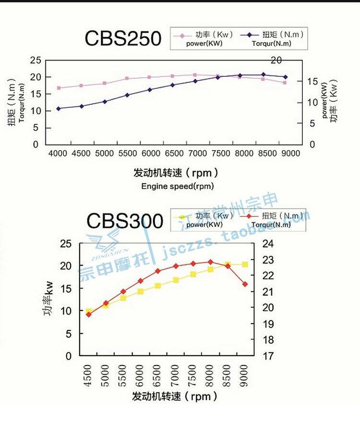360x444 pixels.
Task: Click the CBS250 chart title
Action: pos(123,38)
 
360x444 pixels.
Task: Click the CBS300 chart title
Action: pos(125,221)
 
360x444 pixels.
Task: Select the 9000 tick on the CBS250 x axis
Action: pos(290,153)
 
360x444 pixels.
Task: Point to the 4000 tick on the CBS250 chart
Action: pos(58,153)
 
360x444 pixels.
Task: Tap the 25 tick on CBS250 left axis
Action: pos(35,60)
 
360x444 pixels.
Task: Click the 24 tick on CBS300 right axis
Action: pos(268,243)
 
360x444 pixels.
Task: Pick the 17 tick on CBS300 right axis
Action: pos(268,356)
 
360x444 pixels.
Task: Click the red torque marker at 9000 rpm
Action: pos(245,284)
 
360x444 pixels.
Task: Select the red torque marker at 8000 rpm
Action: pos(210,262)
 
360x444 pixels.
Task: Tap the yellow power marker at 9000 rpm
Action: pos(245,264)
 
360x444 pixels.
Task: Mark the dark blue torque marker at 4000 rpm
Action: pos(59,108)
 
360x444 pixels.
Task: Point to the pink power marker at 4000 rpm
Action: pos(59,88)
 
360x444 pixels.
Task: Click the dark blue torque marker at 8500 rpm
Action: pos(263,74)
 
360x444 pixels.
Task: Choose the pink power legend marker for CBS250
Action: pos(182,35)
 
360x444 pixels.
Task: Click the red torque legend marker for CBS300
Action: pos(250,216)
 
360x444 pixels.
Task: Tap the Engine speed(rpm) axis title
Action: pos(178,186)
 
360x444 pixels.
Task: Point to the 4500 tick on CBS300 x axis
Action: pos(88,373)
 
